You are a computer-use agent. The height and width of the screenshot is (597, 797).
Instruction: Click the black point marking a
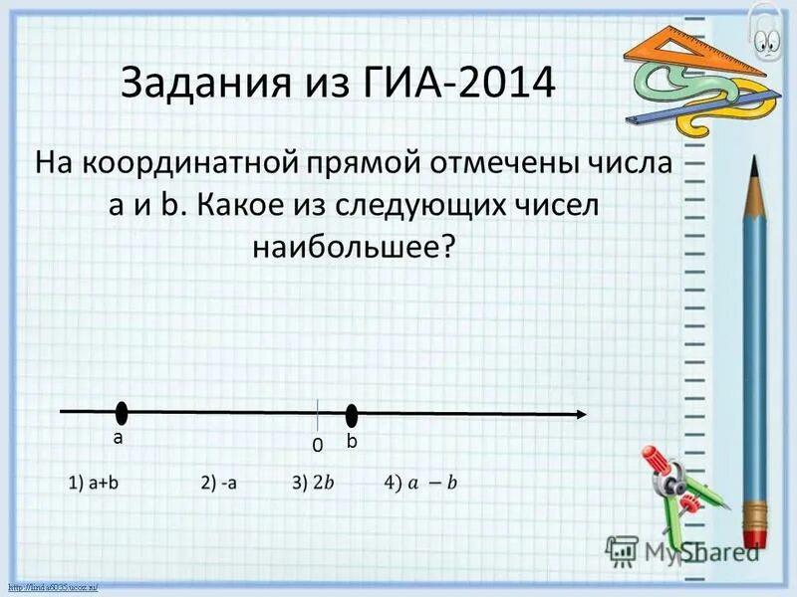tap(122, 413)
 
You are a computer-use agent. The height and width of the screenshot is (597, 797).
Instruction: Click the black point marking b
tap(351, 416)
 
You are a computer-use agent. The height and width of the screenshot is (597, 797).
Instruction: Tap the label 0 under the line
tap(317, 447)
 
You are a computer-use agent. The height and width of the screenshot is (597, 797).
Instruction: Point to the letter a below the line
tap(117, 438)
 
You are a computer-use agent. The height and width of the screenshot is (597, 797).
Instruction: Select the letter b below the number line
tap(351, 440)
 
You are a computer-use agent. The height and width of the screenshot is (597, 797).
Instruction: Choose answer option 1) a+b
tap(95, 483)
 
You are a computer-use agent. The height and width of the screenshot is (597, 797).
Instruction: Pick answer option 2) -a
tap(219, 483)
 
